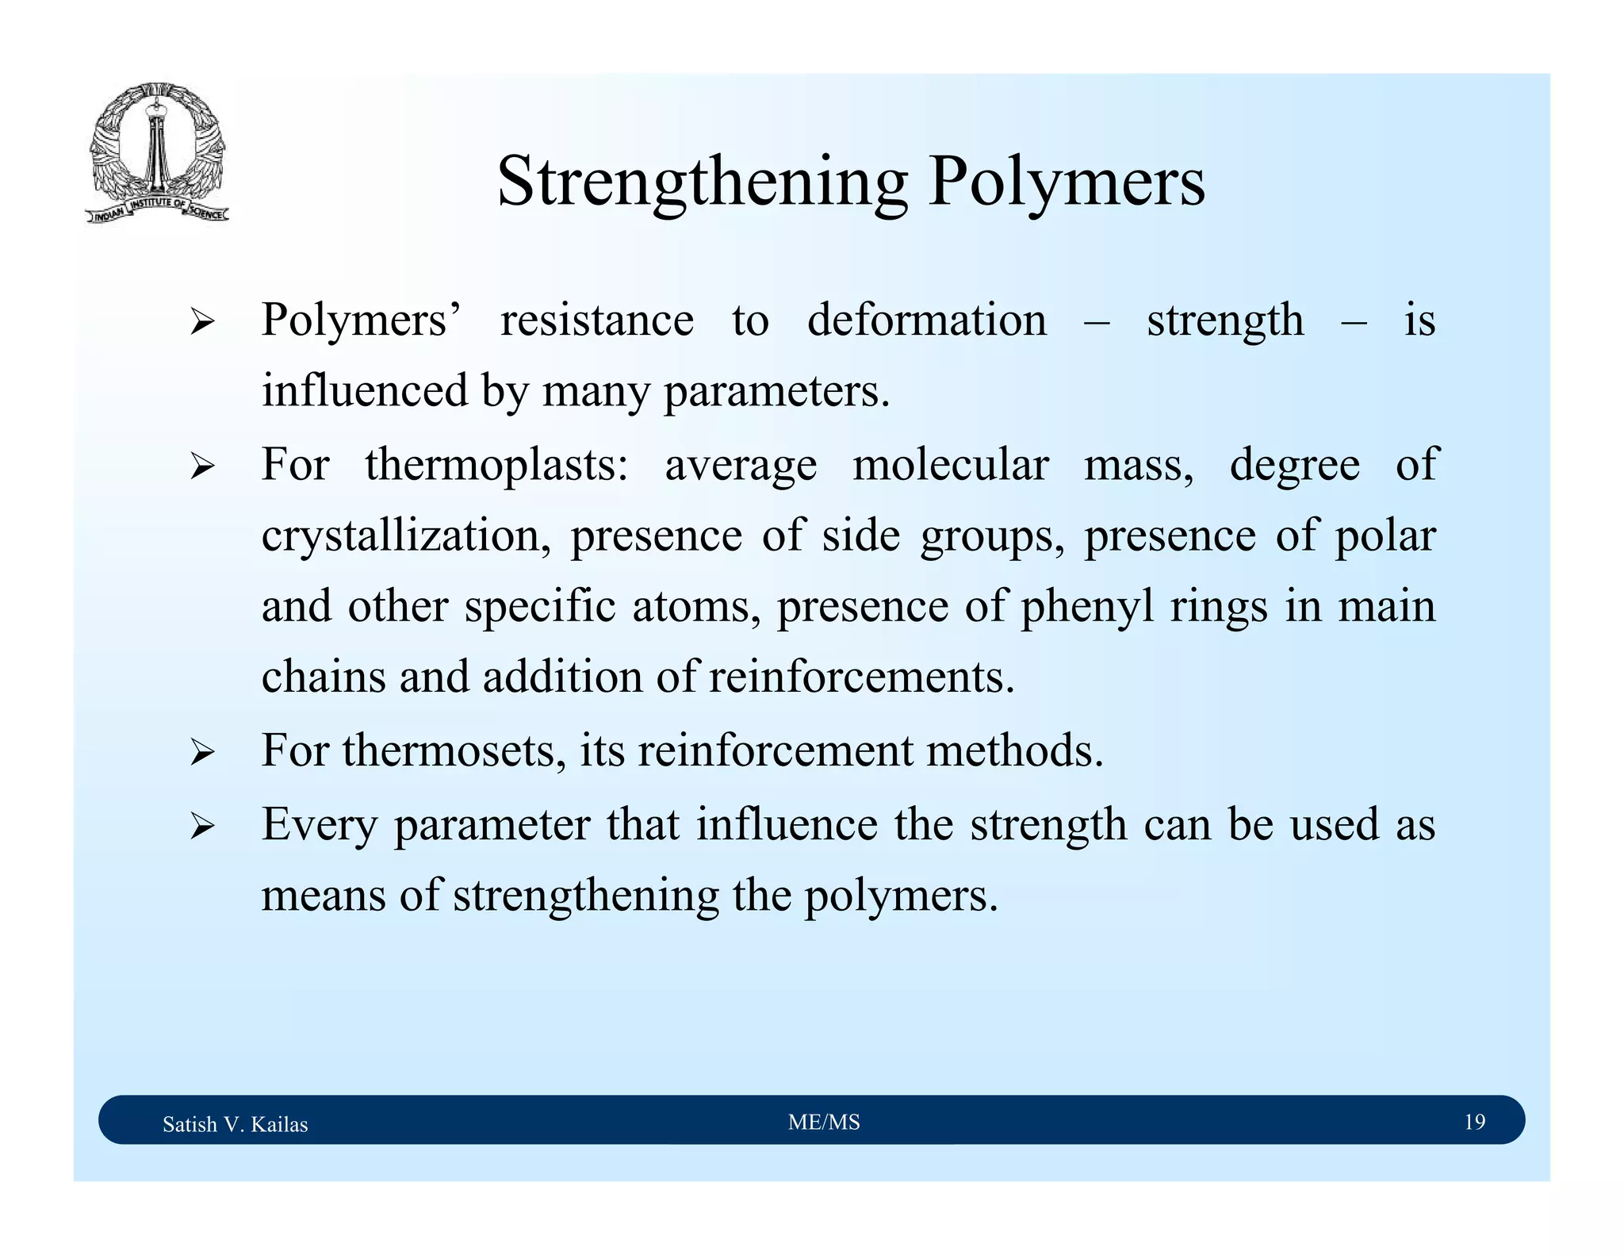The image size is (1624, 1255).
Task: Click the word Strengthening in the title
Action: coord(702,182)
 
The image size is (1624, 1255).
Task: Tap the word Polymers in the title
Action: coord(1066,182)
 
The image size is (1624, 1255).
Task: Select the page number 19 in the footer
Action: coord(1474,1122)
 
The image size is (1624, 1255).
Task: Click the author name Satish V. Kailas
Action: coord(235,1124)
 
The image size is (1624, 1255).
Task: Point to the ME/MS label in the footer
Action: coord(824,1122)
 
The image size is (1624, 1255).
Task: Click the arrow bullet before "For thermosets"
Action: coord(202,752)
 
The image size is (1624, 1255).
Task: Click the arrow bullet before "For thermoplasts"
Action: coord(202,466)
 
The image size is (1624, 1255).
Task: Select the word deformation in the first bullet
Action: coord(926,320)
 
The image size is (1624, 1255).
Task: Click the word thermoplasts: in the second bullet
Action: coord(496,465)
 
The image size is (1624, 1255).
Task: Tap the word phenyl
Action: coord(1086,608)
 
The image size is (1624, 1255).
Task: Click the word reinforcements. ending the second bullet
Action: coord(861,677)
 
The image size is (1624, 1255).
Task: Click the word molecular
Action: coord(950,465)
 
